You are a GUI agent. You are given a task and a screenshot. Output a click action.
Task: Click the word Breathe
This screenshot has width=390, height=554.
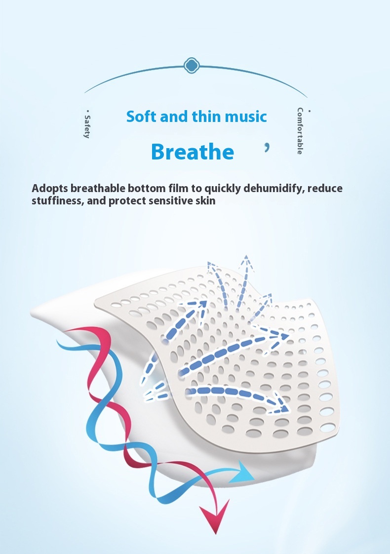click(x=193, y=152)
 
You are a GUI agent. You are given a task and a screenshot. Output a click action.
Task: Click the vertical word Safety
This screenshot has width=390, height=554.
click(x=87, y=126)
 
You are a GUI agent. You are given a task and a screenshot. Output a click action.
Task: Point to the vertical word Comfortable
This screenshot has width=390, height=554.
click(x=300, y=131)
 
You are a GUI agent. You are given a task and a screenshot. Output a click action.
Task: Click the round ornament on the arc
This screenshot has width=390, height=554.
click(x=192, y=65)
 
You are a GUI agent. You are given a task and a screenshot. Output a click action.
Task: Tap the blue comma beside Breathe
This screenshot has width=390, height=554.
click(x=267, y=148)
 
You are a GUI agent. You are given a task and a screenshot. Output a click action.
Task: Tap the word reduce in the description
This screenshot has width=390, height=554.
click(x=325, y=188)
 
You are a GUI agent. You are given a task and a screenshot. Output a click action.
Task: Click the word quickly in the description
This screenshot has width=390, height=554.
click(x=223, y=189)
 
